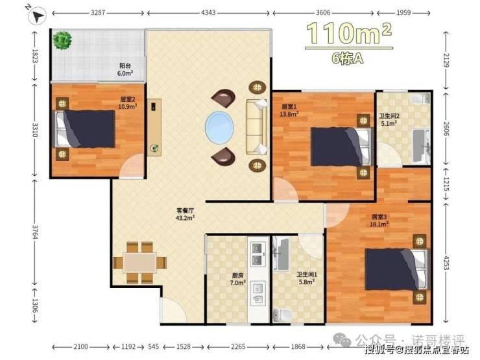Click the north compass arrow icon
(37, 16)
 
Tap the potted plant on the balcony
(62, 40)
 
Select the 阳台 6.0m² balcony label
(125, 69)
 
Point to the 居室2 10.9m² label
(128, 103)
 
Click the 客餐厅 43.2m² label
(186, 214)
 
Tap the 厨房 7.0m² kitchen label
(238, 279)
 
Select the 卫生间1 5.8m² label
(307, 278)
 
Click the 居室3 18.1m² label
(379, 221)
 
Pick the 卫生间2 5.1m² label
(389, 119)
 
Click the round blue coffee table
(219, 126)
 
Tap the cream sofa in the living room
(257, 126)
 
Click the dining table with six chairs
(140, 262)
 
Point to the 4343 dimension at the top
(208, 12)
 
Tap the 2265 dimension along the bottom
(238, 346)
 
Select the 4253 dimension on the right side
(446, 263)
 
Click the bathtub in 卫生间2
(422, 145)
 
